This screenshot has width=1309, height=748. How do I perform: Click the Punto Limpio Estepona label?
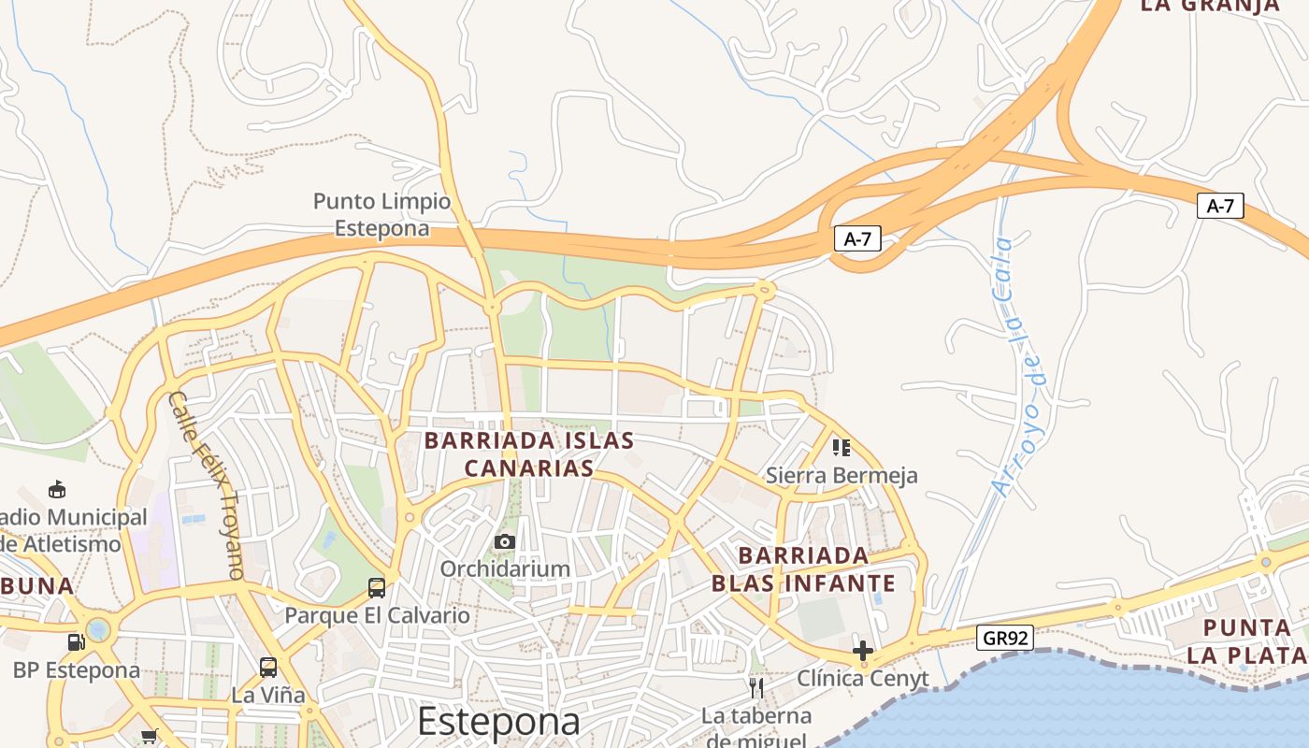click(381, 214)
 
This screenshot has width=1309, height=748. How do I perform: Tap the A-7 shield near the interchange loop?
click(857, 238)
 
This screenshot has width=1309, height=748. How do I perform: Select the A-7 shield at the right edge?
click(1220, 206)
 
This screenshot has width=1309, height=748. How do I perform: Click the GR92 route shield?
click(1005, 638)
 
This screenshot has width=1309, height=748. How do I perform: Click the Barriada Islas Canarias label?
click(529, 453)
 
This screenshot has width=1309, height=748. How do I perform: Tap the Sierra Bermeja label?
click(841, 475)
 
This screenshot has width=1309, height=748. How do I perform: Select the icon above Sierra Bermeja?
click(841, 448)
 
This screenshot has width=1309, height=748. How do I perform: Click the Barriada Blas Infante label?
click(803, 569)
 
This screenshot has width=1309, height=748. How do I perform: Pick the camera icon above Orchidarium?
click(505, 541)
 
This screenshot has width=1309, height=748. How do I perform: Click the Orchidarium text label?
click(505, 568)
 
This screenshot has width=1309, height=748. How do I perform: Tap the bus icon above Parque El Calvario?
click(377, 588)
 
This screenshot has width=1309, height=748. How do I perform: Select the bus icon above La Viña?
click(268, 668)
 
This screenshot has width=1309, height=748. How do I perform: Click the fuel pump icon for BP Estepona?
click(76, 642)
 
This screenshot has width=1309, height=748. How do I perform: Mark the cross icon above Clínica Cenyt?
click(863, 650)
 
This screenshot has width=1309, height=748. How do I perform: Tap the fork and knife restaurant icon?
click(756, 688)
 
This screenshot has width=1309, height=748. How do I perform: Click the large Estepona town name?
click(498, 722)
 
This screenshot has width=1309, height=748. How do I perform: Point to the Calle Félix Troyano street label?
click(207, 485)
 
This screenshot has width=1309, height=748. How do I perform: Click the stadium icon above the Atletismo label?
click(57, 489)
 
